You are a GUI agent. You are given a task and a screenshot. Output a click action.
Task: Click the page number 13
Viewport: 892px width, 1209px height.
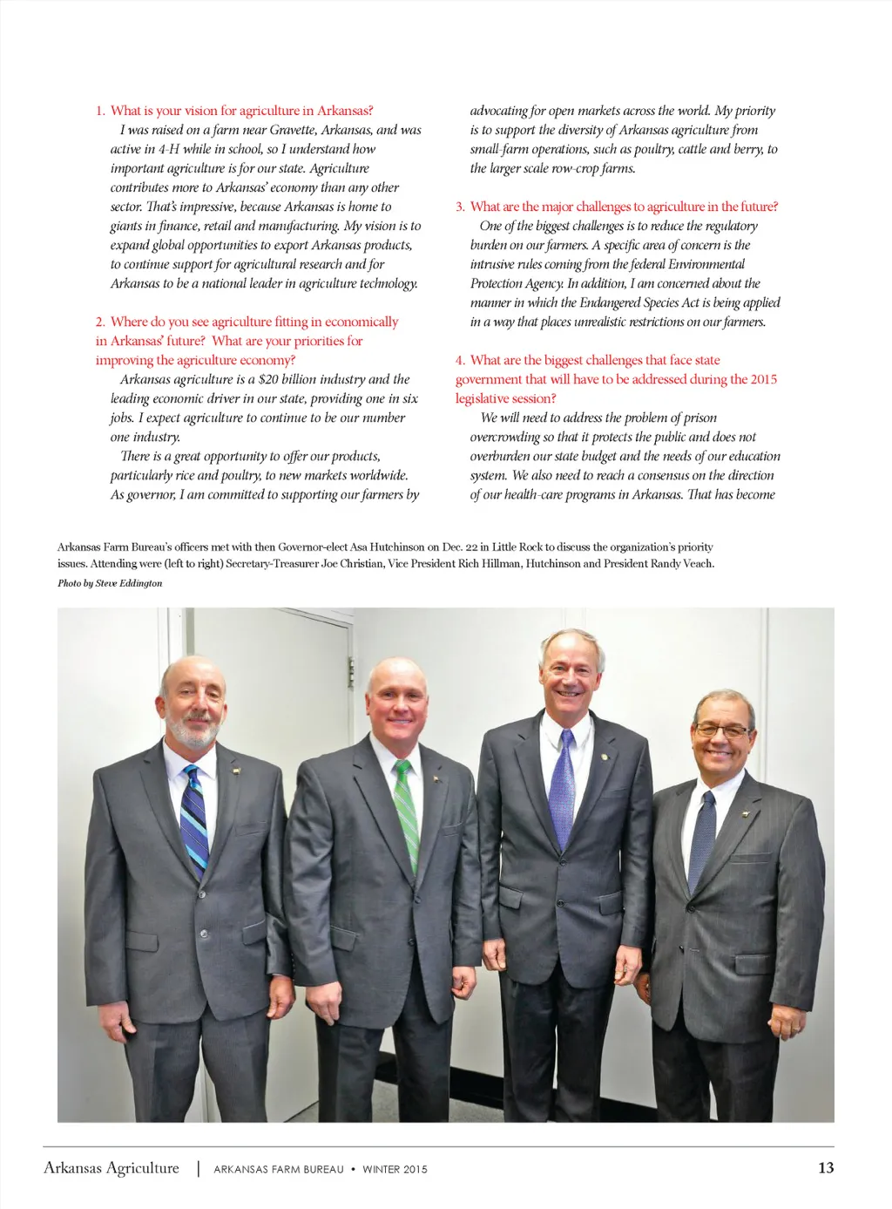[x=825, y=1168]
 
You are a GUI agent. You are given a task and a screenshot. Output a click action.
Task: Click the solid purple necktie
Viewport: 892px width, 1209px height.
[x=564, y=784]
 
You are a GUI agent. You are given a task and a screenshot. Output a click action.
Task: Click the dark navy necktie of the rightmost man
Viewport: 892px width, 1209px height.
[x=701, y=838]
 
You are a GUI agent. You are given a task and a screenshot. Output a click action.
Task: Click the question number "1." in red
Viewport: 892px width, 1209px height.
[x=100, y=111]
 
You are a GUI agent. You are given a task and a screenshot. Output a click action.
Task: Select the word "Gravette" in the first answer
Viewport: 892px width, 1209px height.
[x=293, y=130]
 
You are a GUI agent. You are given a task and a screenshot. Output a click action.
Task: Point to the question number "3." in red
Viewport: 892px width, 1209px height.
[x=460, y=207]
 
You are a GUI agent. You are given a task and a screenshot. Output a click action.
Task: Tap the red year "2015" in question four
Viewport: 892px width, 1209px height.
[x=763, y=379]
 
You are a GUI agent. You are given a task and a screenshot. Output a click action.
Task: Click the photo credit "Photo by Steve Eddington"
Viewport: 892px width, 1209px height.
[x=110, y=583]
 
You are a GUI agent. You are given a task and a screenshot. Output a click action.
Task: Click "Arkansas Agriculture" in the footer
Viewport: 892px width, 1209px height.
[x=111, y=1168]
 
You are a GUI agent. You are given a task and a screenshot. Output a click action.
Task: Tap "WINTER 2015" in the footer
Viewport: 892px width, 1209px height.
[x=395, y=1169]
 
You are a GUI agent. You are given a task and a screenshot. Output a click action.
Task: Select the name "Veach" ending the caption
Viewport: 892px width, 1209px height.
[x=696, y=564]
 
